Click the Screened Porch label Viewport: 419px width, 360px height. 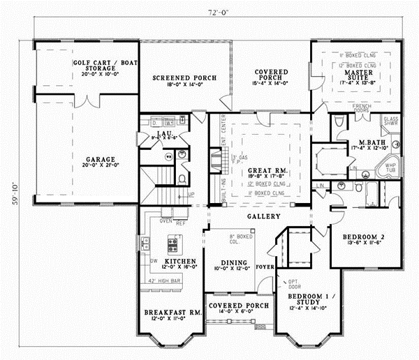[x=184, y=77]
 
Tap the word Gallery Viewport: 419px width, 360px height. [x=256, y=217]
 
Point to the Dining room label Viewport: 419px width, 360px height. [x=224, y=263]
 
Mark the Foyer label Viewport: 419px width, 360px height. [x=265, y=265]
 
